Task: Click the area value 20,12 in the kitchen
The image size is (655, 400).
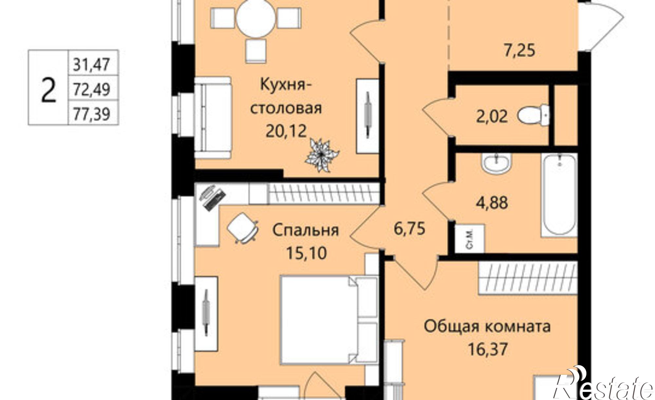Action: pos(286,131)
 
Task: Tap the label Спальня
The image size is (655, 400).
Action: pos(306,230)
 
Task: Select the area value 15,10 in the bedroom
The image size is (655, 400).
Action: pos(306,253)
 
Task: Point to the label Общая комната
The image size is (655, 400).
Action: pos(487,326)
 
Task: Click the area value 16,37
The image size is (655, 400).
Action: pos(488,349)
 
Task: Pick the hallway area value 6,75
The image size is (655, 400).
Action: pos(410,228)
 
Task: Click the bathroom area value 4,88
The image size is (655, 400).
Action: pos(492,202)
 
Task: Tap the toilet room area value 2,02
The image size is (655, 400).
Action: pos(492,116)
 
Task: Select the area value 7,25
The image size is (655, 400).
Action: pos(519,51)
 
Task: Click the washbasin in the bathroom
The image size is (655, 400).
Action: pos(496,163)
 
